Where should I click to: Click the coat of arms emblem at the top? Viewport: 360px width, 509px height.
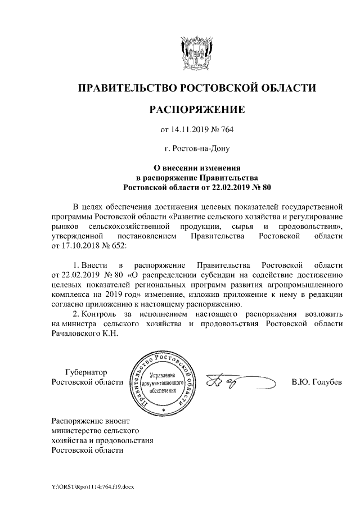[x=196, y=52]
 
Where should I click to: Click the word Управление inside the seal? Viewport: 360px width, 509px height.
[x=163, y=375]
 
